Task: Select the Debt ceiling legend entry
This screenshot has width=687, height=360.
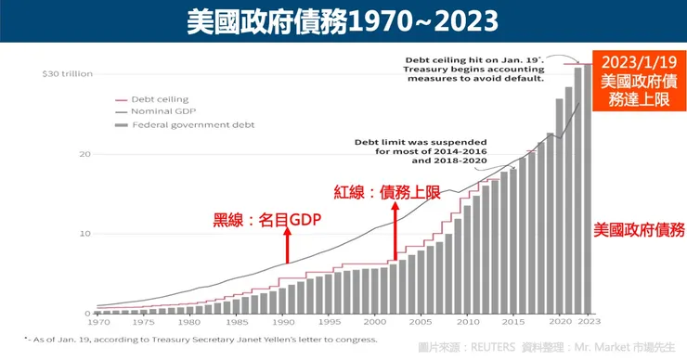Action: coord(159,98)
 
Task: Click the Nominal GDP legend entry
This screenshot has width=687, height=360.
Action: coord(159,110)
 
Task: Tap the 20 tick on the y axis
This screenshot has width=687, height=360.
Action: coord(83,154)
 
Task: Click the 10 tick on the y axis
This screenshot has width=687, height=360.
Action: coord(83,234)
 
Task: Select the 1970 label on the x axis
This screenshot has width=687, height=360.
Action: coord(97,322)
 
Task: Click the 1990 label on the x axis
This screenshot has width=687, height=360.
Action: coord(285,322)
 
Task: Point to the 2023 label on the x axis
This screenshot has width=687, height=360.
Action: coord(588,322)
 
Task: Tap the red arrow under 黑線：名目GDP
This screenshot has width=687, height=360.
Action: coord(288,247)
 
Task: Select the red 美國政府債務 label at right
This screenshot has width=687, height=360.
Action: coord(639,228)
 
